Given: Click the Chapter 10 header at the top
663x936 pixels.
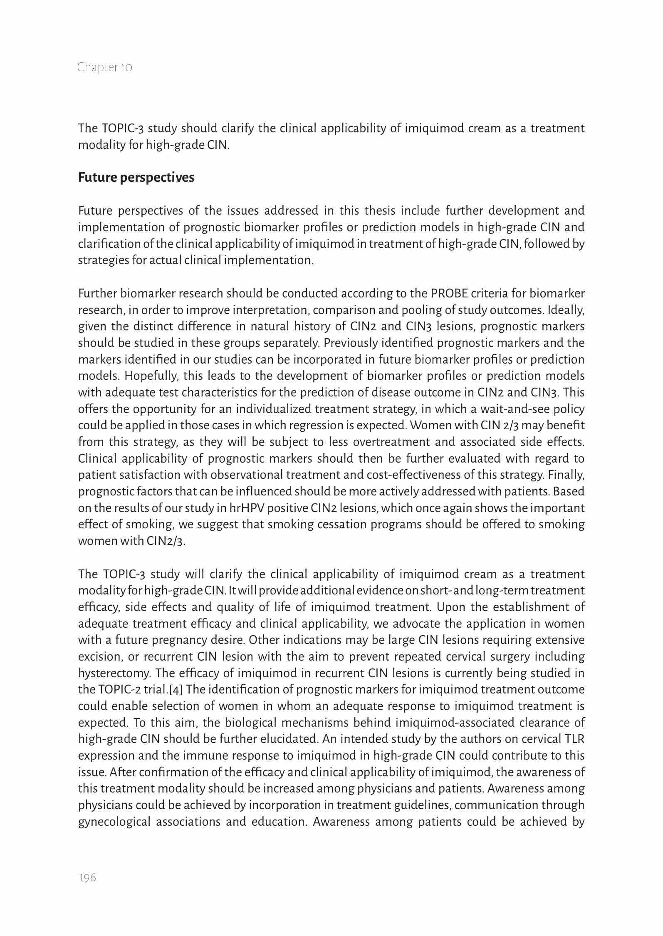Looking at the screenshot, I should pos(105,67).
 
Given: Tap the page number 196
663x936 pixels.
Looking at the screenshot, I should pos(87,878).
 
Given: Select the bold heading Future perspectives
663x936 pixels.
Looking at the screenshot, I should pos(136,178).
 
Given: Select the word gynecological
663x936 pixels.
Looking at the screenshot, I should pos(114,822).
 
